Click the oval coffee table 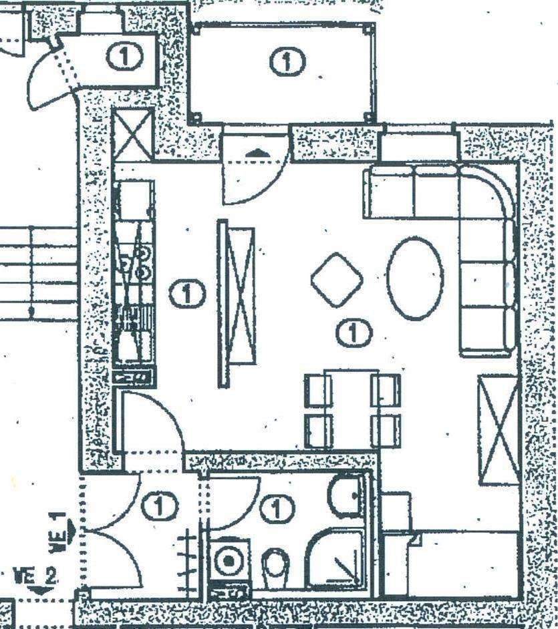click(415, 277)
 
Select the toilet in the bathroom click(275, 566)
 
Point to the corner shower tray click(335, 558)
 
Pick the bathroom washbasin click(345, 495)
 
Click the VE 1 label click(60, 532)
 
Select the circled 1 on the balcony click(287, 62)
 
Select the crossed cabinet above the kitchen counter click(132, 136)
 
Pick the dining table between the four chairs click(352, 409)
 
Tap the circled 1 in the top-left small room click(124, 56)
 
